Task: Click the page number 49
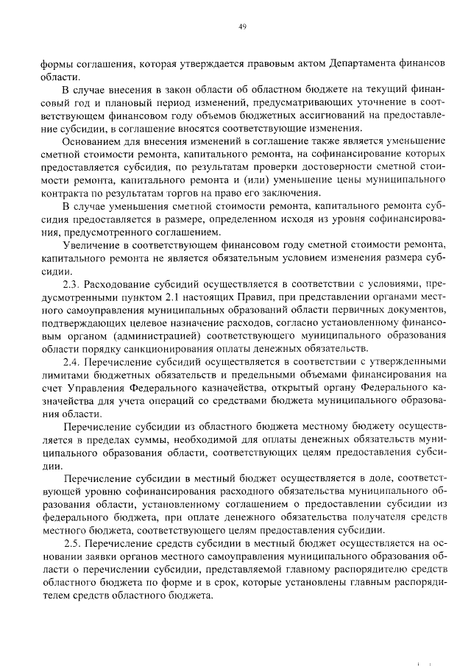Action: (x=241, y=27)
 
